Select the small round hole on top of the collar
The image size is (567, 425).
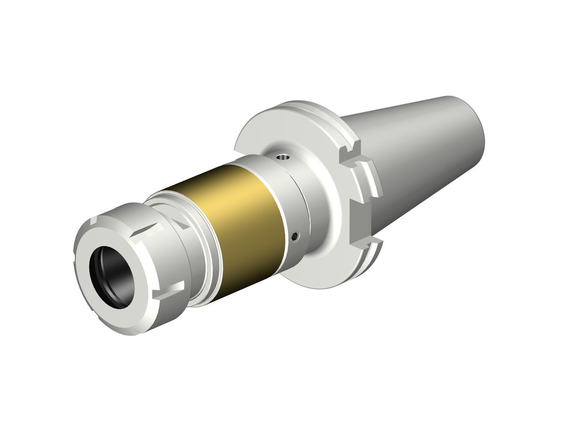point(282,157)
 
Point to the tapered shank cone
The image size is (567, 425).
point(425,142)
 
